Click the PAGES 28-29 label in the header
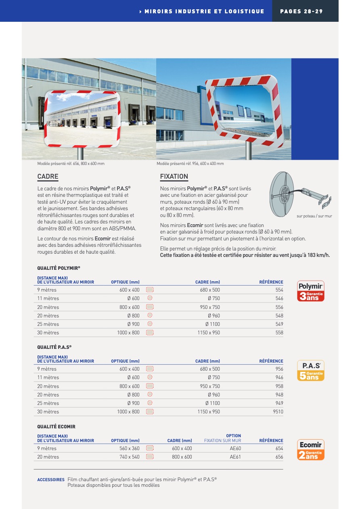(301, 11)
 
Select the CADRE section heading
(48, 177)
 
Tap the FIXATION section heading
(174, 177)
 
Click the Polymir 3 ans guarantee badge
(310, 291)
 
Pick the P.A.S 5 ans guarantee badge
(310, 371)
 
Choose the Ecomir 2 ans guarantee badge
(310, 450)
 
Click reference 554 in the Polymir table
(279, 290)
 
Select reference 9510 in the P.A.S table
(278, 412)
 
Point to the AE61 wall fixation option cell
(235, 457)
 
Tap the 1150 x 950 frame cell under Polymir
(209, 333)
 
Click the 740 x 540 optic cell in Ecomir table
(130, 457)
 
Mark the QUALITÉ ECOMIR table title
(56, 426)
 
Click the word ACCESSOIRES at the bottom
(51, 480)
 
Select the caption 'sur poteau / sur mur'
(314, 216)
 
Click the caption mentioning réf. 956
(190, 164)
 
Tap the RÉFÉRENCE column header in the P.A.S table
(271, 361)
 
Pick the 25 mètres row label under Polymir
(48, 324)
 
